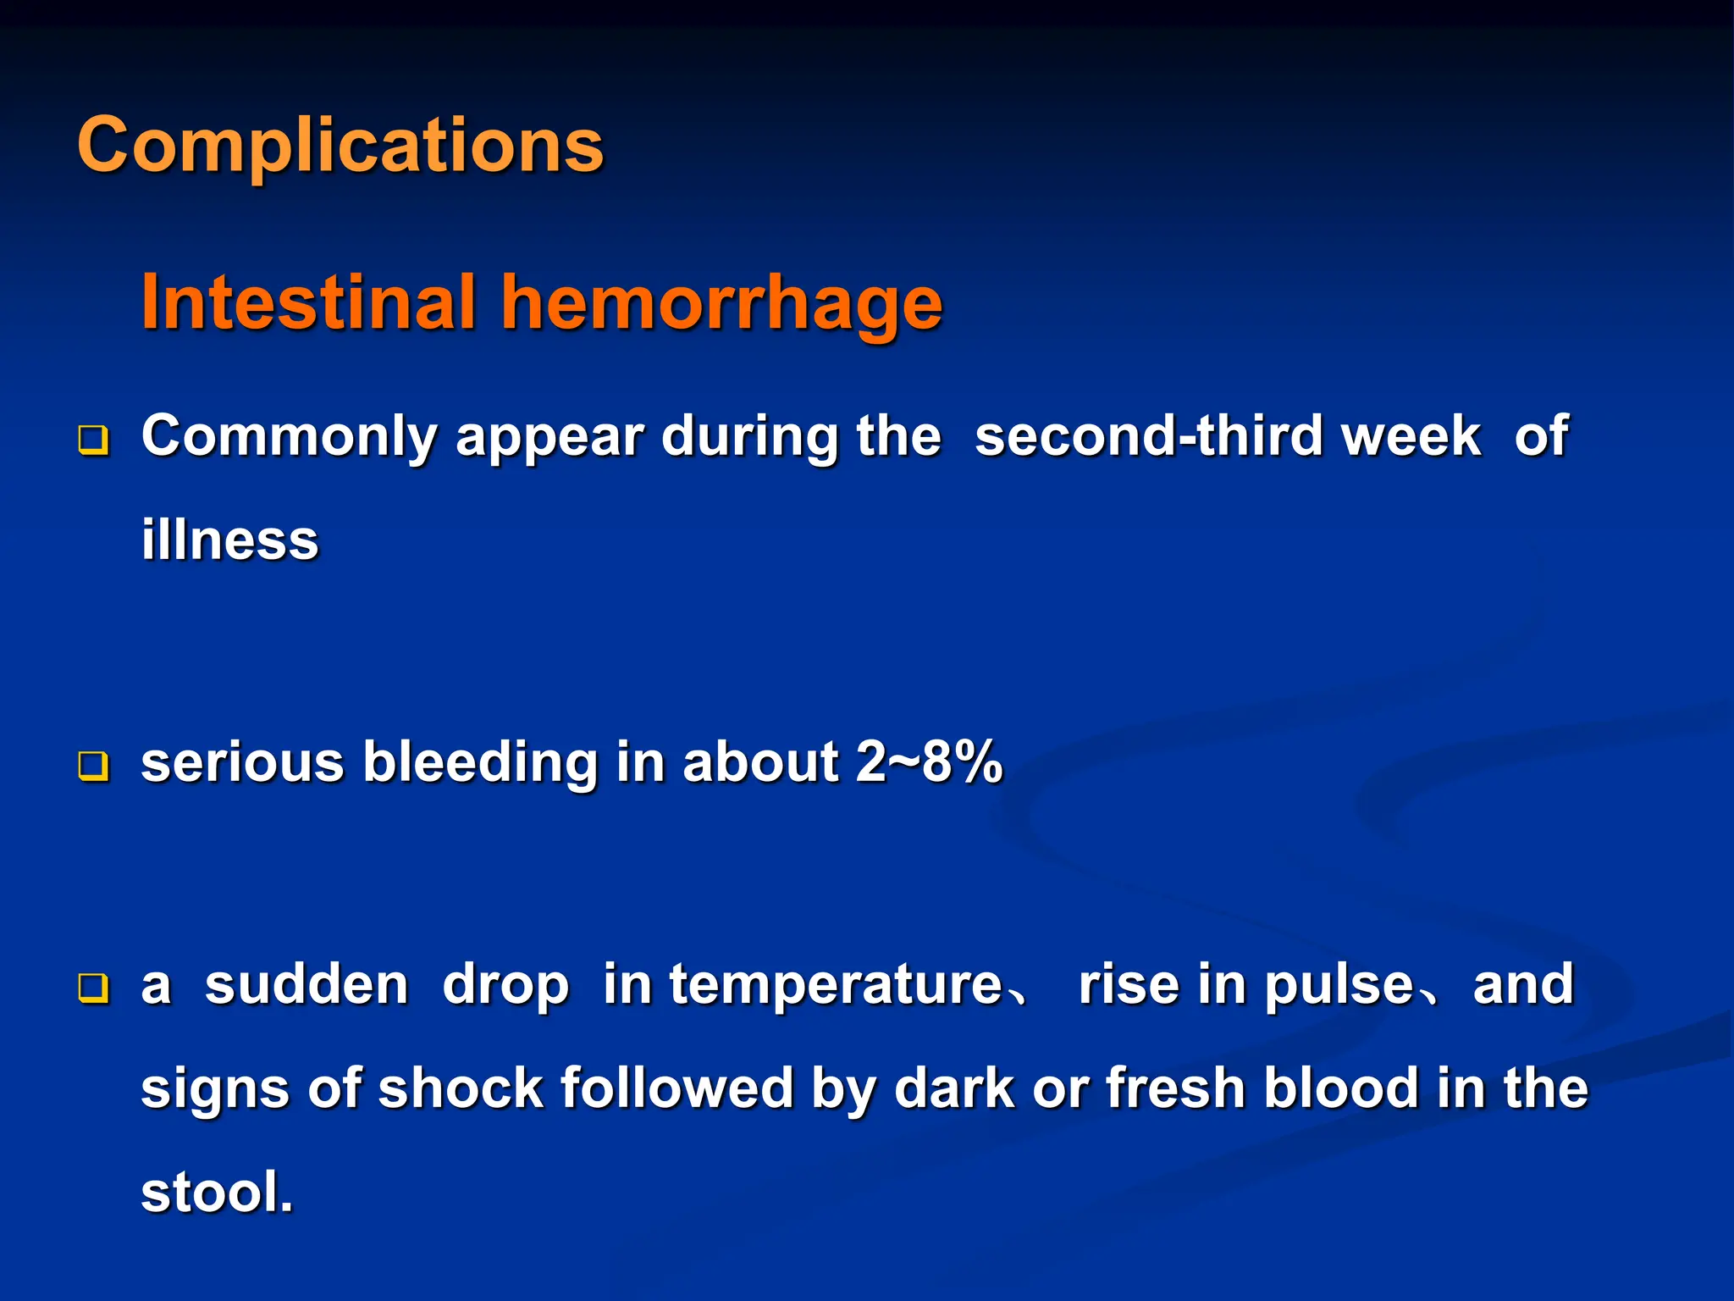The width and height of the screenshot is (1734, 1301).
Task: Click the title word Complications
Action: pyautogui.click(x=340, y=146)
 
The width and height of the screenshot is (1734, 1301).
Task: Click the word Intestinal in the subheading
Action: pyautogui.click(x=309, y=302)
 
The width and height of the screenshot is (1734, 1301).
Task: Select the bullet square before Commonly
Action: pyautogui.click(x=93, y=440)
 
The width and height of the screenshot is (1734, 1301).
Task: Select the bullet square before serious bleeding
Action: pyautogui.click(x=93, y=766)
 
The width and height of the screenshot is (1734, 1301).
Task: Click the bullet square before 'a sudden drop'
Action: pyautogui.click(x=93, y=988)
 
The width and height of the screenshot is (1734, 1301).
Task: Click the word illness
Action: pyautogui.click(x=229, y=540)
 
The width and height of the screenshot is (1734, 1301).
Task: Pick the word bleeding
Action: pyautogui.click(x=480, y=762)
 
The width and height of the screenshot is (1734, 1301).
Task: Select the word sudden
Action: pyautogui.click(x=306, y=985)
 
